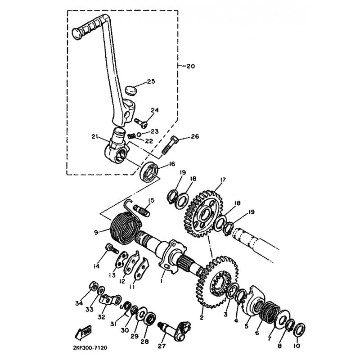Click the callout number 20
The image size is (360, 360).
click(x=190, y=66)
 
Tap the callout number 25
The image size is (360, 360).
click(x=151, y=81)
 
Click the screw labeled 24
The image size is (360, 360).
click(x=141, y=122)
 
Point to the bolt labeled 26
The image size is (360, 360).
click(x=170, y=145)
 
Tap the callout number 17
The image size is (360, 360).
click(x=222, y=180)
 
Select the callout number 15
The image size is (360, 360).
click(x=151, y=200)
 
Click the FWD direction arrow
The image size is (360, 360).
click(x=84, y=332)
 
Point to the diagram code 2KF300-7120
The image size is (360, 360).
click(x=90, y=348)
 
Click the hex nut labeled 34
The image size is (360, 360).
click(x=93, y=286)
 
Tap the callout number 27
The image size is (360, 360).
click(x=162, y=346)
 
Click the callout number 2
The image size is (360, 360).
click(x=202, y=318)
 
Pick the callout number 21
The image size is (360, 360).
click(x=95, y=137)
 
